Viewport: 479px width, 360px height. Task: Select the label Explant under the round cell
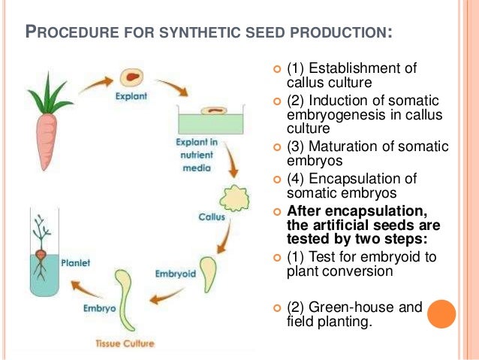pyautogui.click(x=131, y=96)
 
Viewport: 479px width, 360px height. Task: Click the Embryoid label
pyautogui.click(x=174, y=273)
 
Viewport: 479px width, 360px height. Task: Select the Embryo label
pyautogui.click(x=99, y=308)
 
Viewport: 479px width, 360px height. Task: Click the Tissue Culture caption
pyautogui.click(x=125, y=343)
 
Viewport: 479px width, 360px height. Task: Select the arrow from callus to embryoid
pyautogui.click(x=224, y=241)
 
